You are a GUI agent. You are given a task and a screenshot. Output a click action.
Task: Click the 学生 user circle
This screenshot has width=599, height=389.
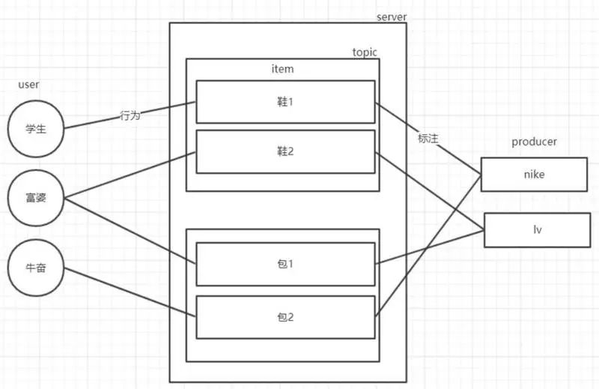(x=36, y=129)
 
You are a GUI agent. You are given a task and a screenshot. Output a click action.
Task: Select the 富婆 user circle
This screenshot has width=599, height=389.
(x=36, y=198)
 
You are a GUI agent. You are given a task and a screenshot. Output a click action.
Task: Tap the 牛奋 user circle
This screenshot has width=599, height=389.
(x=36, y=266)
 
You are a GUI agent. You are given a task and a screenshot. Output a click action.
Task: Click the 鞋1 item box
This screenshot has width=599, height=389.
(x=285, y=101)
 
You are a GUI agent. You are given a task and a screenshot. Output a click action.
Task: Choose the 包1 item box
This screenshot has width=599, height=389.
(x=285, y=264)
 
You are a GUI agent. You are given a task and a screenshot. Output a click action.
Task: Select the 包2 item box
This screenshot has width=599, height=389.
(x=285, y=317)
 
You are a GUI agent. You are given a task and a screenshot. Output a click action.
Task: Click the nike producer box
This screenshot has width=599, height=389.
(x=534, y=175)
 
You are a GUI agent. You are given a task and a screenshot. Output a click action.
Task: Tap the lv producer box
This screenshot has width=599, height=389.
(x=537, y=230)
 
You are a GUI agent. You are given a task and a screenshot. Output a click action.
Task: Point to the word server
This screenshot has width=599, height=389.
(x=392, y=16)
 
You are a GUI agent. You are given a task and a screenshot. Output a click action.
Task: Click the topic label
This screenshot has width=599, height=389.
(x=365, y=52)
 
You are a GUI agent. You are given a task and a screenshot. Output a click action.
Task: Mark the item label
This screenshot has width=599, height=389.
(x=282, y=69)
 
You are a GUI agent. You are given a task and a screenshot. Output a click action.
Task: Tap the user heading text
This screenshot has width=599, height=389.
(x=28, y=85)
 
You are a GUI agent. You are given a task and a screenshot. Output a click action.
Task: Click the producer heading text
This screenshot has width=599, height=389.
(x=534, y=142)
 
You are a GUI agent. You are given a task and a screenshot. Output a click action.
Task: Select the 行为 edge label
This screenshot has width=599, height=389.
(x=130, y=116)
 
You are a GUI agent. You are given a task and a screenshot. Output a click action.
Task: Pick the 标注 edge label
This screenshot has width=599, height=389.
(x=428, y=139)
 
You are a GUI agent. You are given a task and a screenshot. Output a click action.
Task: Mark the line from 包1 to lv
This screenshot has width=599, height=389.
(x=431, y=247)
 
